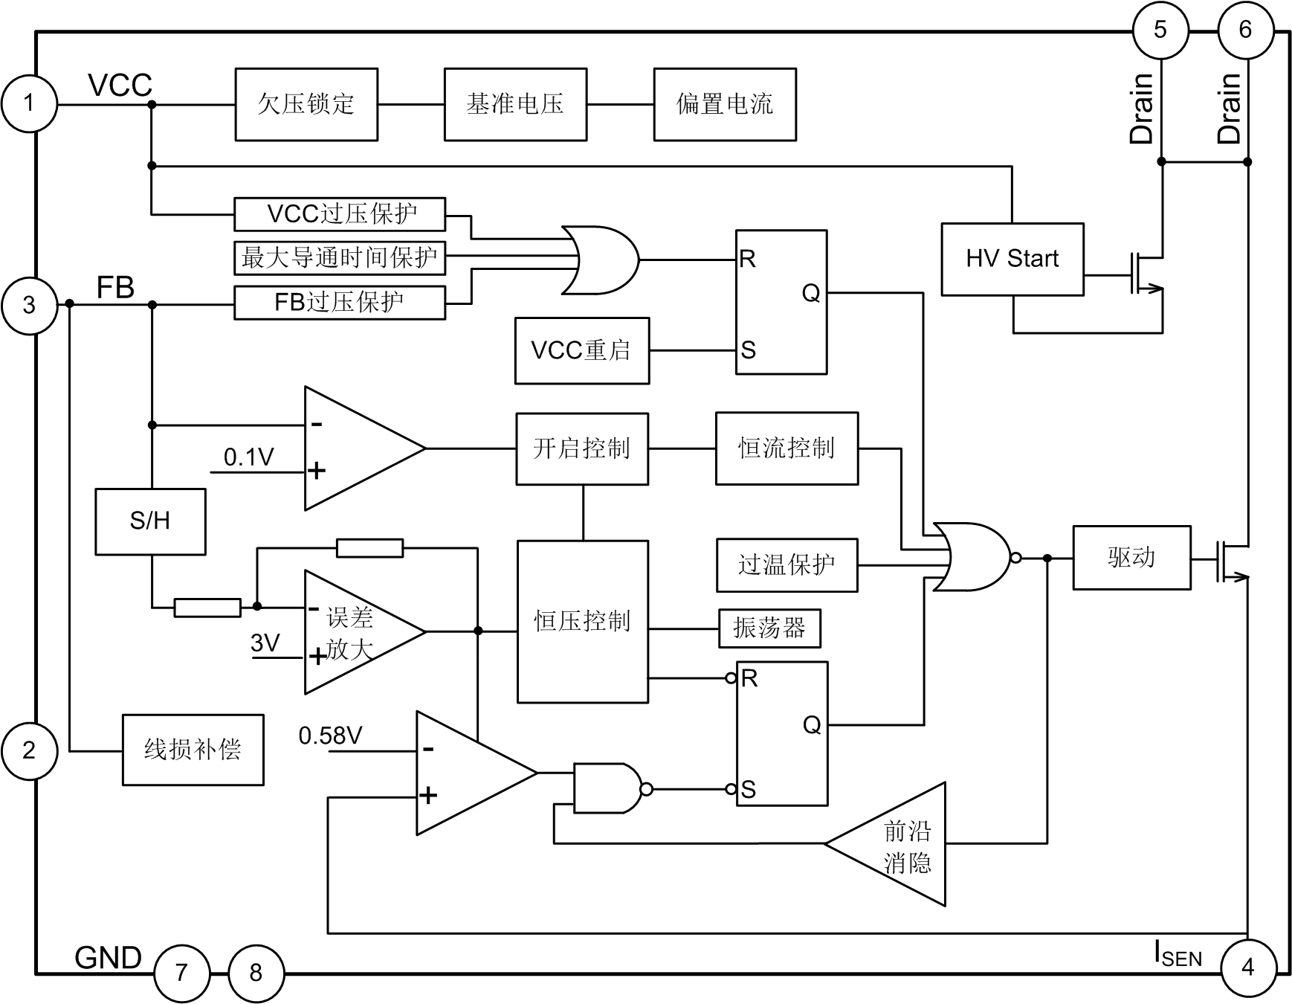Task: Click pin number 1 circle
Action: click(29, 103)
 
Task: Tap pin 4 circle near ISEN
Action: click(1248, 967)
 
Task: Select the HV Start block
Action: click(1012, 259)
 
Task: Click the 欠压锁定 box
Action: click(306, 104)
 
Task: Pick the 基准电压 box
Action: click(515, 104)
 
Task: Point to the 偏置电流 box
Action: click(725, 104)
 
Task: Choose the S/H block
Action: click(150, 521)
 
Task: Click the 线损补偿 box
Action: click(193, 750)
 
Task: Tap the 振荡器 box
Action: click(769, 628)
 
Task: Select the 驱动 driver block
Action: click(1131, 558)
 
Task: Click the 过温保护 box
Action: click(786, 565)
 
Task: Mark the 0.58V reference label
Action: click(330, 736)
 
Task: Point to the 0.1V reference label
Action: click(249, 457)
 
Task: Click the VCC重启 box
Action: click(581, 350)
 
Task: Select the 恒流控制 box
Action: click(786, 448)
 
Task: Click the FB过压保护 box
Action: click(340, 303)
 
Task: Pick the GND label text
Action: click(108, 958)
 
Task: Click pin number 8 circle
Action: click(256, 973)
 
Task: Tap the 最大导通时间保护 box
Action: click(340, 258)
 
